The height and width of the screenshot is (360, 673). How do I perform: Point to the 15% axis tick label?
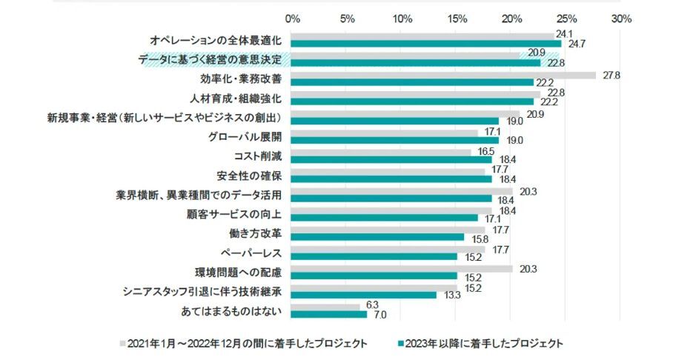point(457,19)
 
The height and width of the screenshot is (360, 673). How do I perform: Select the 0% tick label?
point(293,19)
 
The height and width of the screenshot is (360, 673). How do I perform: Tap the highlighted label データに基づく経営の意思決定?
point(213,59)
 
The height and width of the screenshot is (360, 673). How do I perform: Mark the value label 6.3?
point(373,305)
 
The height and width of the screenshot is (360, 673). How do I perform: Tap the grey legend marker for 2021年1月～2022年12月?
point(122,344)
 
